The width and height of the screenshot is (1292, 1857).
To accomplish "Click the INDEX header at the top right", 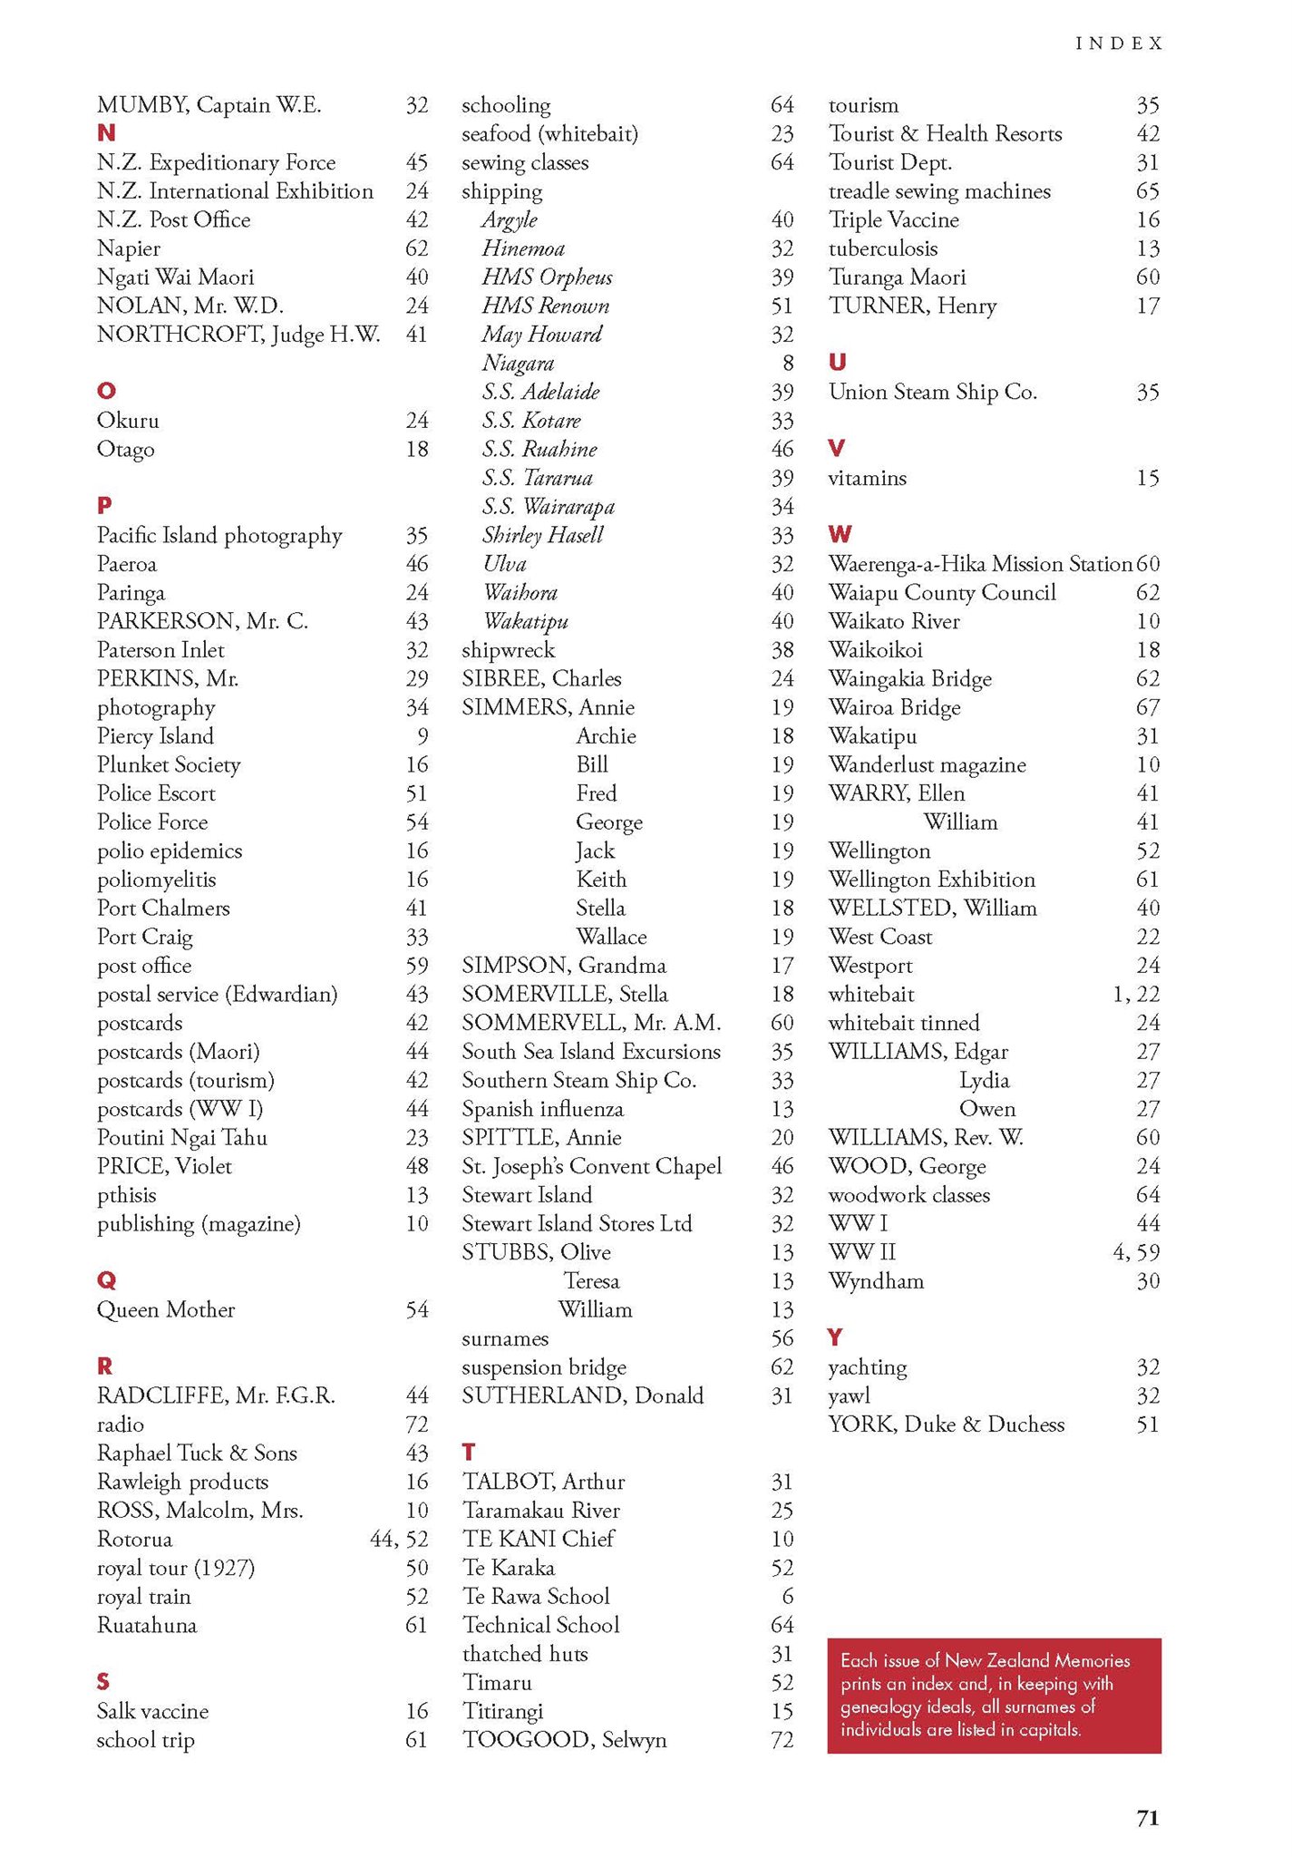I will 1118,44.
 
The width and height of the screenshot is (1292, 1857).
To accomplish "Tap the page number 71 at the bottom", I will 1147,1817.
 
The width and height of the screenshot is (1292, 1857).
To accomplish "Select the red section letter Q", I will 106,1280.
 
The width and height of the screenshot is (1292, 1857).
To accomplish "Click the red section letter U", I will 837,363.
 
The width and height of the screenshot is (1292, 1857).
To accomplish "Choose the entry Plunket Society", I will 169,764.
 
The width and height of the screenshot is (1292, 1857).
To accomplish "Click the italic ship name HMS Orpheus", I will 547,277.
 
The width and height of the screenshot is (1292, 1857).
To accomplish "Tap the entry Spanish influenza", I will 542,1109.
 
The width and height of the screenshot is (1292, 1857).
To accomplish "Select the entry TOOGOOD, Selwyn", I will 564,1740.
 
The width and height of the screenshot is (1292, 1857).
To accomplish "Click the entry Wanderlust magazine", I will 927,764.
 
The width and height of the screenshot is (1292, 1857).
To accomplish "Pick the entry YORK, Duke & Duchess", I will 946,1424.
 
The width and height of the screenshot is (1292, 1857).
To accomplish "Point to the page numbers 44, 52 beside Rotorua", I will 399,1539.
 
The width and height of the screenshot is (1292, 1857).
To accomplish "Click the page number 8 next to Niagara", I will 788,364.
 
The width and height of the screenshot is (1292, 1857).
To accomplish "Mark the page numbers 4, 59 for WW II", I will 1135,1252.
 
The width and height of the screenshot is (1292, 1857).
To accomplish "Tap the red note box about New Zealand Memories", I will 994,1695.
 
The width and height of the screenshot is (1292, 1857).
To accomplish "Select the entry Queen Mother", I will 166,1309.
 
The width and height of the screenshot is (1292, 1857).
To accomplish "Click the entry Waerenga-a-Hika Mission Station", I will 979,564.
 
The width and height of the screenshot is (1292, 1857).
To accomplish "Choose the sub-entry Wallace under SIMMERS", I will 611,937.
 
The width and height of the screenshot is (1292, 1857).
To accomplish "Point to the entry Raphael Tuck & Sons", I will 197,1453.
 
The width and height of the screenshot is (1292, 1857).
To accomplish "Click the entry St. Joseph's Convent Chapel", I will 591,1166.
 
